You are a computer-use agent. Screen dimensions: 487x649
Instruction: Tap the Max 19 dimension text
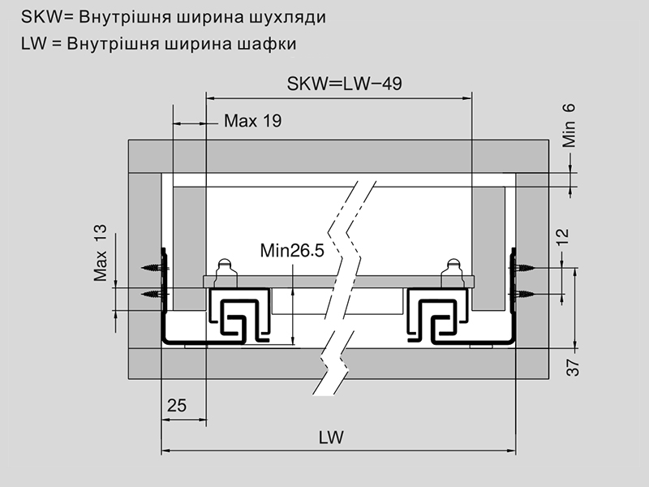tap(252, 122)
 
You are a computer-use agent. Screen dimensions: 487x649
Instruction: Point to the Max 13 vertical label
tap(101, 252)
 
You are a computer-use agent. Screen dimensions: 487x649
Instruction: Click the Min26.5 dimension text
tap(292, 251)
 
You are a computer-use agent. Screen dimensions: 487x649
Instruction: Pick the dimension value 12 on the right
tap(564, 236)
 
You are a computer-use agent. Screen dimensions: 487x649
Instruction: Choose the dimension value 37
tap(573, 367)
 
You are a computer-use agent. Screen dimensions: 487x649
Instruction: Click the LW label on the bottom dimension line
tap(331, 437)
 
